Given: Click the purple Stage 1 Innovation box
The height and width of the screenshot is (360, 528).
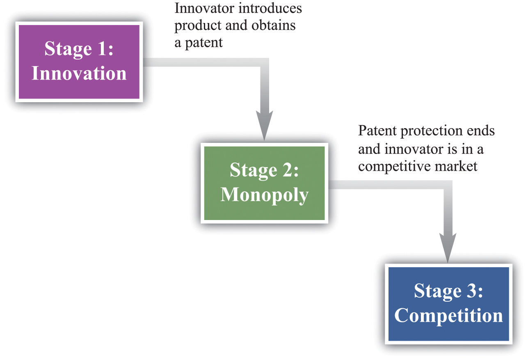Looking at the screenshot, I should (79, 61).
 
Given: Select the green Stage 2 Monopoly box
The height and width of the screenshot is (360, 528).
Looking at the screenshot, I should (264, 183).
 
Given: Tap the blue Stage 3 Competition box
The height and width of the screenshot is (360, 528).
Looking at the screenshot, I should (448, 304).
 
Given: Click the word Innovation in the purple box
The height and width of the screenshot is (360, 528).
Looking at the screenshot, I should (79, 74).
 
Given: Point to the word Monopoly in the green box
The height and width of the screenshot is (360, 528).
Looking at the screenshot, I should (264, 195).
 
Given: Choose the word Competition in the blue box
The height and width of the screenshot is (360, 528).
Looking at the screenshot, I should (448, 316).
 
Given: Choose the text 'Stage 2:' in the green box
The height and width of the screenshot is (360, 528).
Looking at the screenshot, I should (264, 170).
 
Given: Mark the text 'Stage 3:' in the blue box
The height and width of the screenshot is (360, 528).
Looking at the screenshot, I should (448, 291).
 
